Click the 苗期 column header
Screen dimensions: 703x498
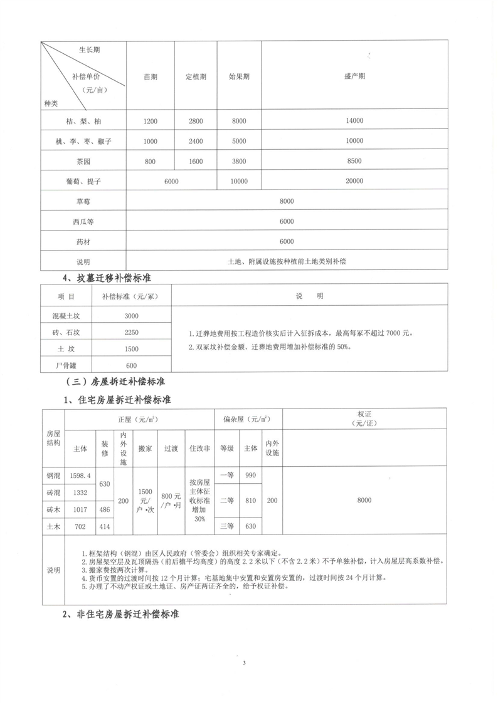(151, 76)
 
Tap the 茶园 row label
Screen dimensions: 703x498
(83, 161)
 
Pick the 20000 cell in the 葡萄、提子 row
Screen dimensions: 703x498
(354, 181)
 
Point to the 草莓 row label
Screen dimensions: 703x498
(83, 201)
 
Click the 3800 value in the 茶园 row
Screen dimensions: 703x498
(239, 161)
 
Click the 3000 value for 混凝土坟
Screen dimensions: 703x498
(132, 316)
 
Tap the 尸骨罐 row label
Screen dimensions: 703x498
(66, 365)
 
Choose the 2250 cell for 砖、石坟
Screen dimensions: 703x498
(132, 332)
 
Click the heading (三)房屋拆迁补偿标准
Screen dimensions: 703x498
(115, 380)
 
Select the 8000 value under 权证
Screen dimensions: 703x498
(364, 500)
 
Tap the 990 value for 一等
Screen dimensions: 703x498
(251, 476)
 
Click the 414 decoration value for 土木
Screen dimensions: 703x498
(104, 527)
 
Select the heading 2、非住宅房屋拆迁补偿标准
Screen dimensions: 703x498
(121, 615)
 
